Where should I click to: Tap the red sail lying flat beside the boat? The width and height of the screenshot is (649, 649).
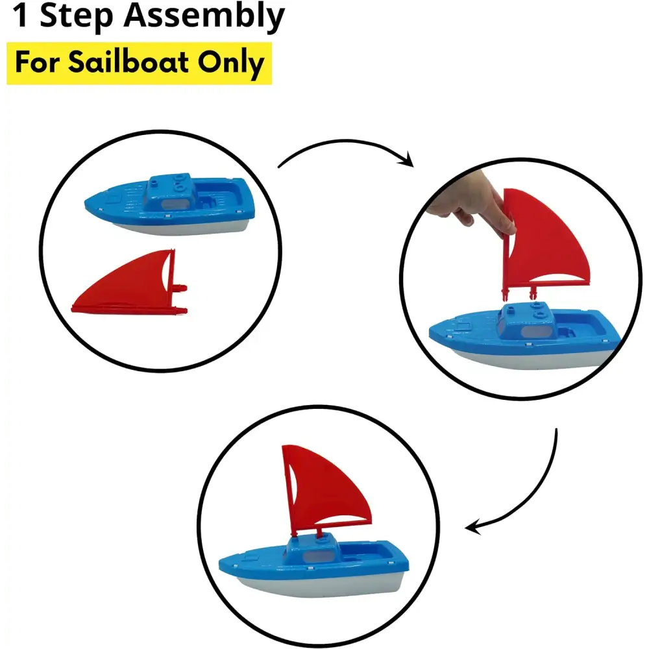click(x=130, y=286)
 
